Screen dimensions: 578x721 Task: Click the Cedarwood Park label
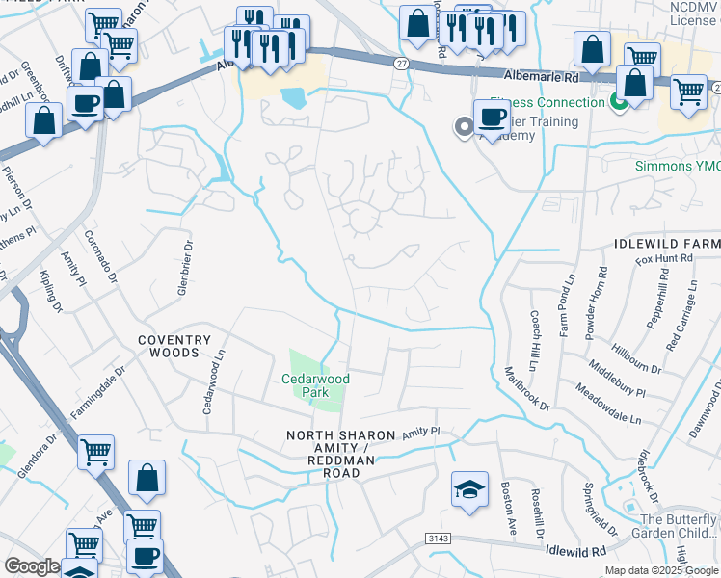(315, 385)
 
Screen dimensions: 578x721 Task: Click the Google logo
(32, 566)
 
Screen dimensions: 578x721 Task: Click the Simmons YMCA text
(677, 166)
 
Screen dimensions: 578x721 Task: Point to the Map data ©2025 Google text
(659, 570)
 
